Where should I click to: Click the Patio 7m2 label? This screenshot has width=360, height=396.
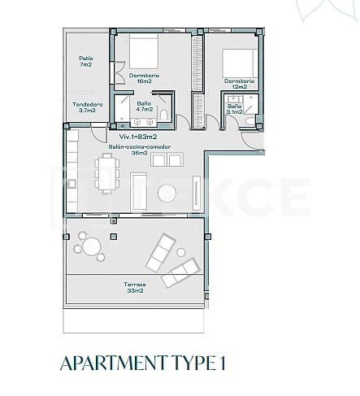pos(85,62)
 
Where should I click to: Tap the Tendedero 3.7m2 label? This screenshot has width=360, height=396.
pos(87,107)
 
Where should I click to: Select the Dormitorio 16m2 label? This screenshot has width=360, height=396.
pos(144,79)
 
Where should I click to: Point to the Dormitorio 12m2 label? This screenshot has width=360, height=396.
pos(240,84)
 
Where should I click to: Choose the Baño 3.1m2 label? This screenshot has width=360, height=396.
pos(234,109)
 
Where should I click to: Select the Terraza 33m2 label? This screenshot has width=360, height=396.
pos(135,287)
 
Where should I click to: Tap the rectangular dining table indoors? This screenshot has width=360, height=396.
pos(106,174)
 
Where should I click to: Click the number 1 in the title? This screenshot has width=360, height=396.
pos(220,363)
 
